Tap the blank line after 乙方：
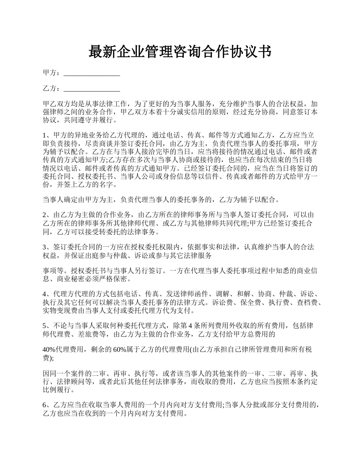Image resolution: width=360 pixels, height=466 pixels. point(92,89)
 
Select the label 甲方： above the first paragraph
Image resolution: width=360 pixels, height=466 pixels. point(52,73)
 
